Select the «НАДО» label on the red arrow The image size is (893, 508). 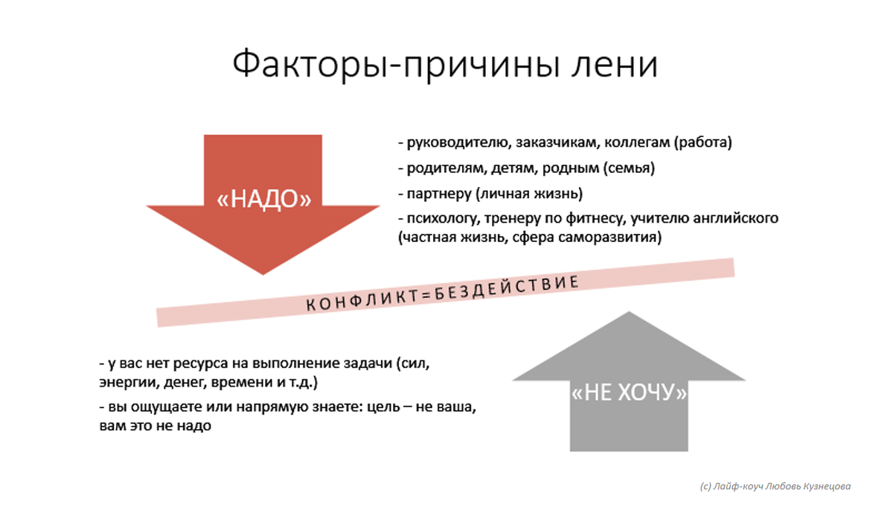[263, 198]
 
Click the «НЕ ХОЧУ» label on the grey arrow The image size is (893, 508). [629, 393]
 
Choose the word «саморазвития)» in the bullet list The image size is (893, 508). [615, 238]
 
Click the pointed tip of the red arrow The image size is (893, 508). [263, 273]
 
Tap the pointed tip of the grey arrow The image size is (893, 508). [629, 313]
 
